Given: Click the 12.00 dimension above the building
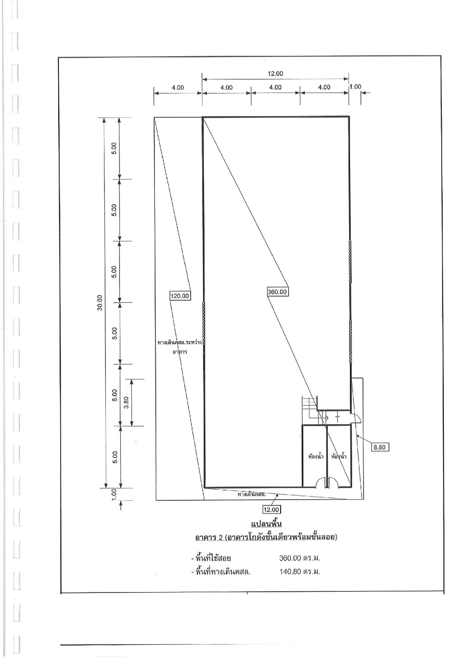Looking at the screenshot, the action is point(275,73).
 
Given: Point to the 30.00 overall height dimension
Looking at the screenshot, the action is point(100,302).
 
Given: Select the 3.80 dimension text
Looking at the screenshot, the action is point(126,402).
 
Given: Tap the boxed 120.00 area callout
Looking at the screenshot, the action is point(180,296).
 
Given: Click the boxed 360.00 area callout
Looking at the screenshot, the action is point(277,292).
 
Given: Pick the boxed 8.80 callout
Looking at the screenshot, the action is point(380,447).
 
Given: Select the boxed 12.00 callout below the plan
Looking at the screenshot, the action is point(271,509).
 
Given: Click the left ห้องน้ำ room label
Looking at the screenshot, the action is point(315,456).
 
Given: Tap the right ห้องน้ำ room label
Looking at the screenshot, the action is point(338,456).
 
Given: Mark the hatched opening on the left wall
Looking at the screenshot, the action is point(203,323).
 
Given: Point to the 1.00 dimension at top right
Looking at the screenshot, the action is point(355,86).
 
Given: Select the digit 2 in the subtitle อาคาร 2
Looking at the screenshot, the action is point(221,537).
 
